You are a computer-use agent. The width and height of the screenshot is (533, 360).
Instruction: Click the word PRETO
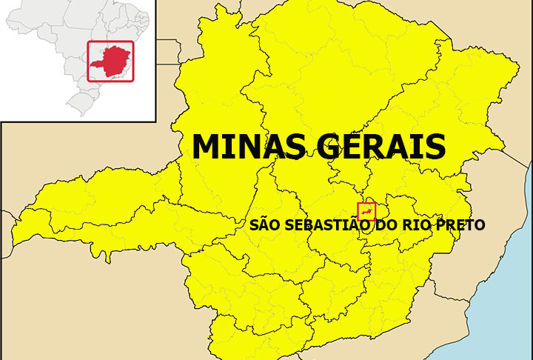point(460,224)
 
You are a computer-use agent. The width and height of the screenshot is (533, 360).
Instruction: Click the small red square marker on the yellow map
point(366,211)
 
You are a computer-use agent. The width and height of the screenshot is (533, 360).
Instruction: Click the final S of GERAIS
point(435,146)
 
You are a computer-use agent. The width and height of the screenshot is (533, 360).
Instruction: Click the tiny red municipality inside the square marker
point(366,212)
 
